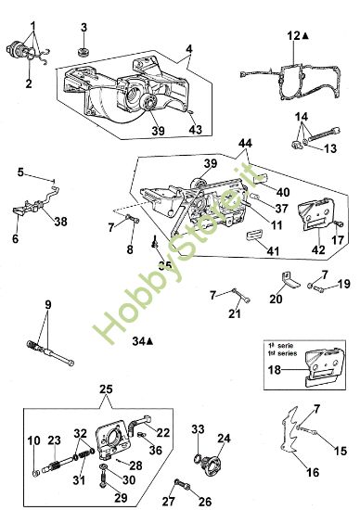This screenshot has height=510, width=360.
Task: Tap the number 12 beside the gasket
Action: pos(293,34)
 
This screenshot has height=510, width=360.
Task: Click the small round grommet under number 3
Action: pos(85,47)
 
